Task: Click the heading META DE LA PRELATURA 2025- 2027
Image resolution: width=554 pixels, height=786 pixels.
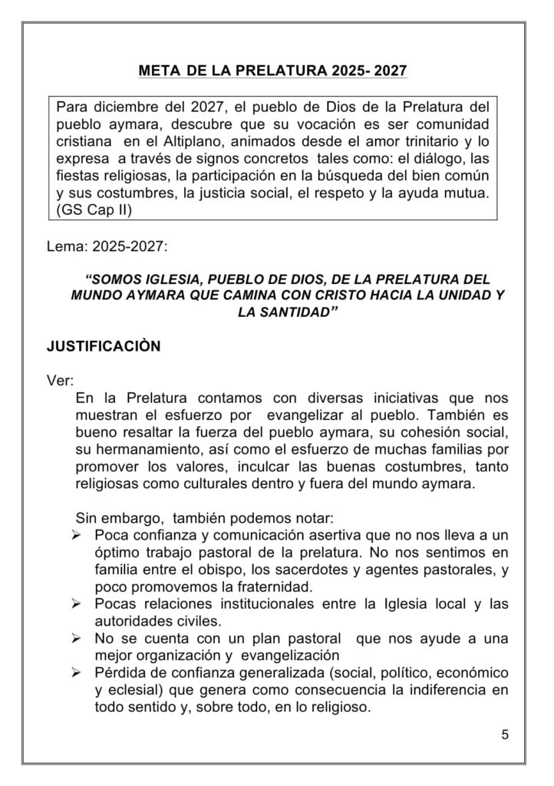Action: click(x=272, y=71)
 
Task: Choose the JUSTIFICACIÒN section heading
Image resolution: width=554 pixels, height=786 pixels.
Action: click(x=104, y=346)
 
